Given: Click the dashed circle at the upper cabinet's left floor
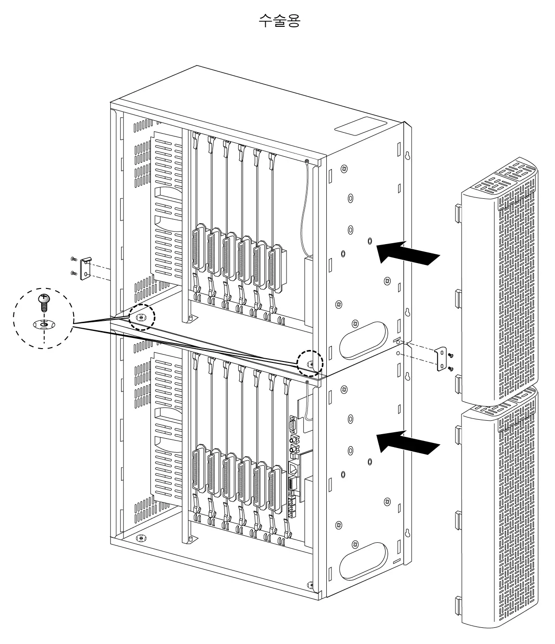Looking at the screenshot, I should tap(142, 318).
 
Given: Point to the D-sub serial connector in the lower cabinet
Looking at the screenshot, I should tap(293, 424).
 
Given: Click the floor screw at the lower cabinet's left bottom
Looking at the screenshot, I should tap(142, 538).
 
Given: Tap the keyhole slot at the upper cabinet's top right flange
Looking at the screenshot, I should tap(407, 155).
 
